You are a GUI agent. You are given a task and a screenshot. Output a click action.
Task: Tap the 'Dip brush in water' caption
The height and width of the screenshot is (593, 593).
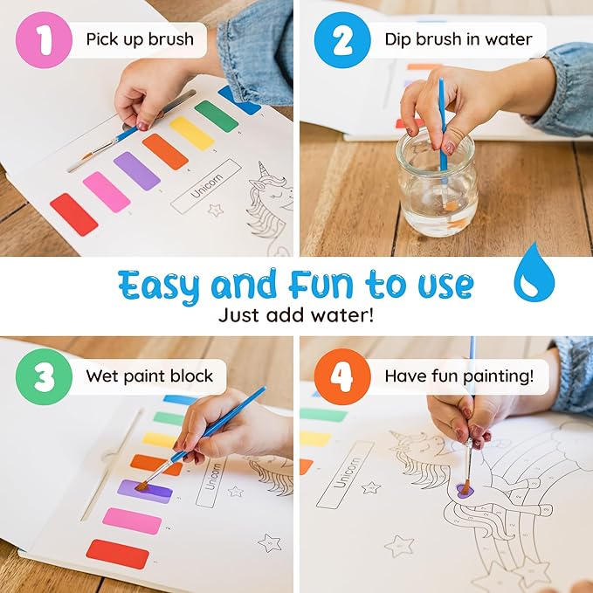click(458, 39)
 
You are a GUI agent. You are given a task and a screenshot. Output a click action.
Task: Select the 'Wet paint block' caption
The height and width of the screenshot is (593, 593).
click(148, 376)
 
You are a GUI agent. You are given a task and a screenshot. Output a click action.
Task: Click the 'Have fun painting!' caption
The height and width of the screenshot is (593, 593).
click(459, 376)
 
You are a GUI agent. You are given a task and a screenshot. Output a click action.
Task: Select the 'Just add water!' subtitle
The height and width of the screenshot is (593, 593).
click(296, 315)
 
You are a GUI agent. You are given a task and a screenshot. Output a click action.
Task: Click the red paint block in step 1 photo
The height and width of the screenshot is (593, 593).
click(73, 215)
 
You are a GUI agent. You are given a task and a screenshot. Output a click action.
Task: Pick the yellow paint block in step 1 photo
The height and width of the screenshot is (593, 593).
click(191, 133)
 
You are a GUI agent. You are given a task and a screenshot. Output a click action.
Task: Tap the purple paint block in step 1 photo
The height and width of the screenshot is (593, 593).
click(137, 171)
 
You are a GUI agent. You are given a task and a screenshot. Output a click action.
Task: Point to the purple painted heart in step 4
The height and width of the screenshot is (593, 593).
click(465, 492)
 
